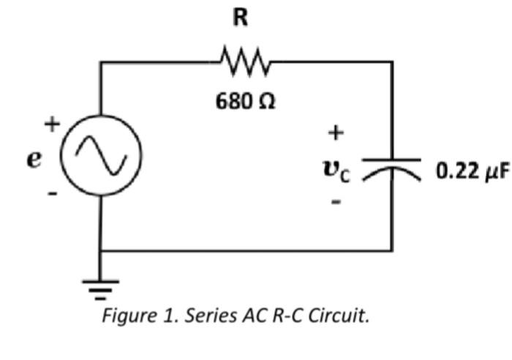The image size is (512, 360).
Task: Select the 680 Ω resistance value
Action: [x=245, y=102]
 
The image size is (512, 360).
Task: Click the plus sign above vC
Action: [x=335, y=133]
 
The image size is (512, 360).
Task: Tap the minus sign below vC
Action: [x=335, y=202]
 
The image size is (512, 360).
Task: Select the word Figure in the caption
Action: [x=124, y=317]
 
